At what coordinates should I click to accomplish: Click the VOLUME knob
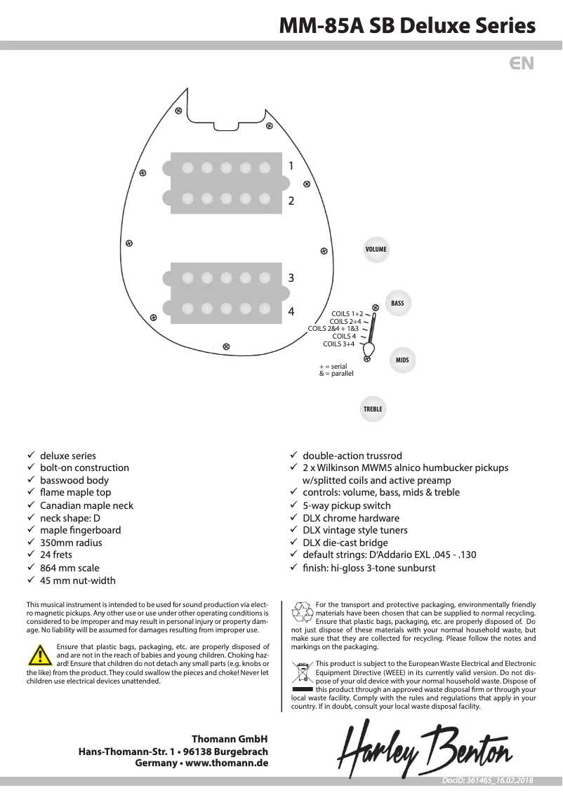(x=376, y=250)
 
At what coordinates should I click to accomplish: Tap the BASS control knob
(x=397, y=304)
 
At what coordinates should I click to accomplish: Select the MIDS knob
(x=402, y=360)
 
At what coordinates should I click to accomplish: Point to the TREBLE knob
(x=373, y=409)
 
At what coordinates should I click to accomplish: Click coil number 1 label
(x=291, y=165)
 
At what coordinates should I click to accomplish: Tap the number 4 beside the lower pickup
(x=291, y=311)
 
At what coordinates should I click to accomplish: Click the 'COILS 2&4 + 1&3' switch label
(x=333, y=328)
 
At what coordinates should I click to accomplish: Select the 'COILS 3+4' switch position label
(x=338, y=344)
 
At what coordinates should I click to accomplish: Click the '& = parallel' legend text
(x=336, y=374)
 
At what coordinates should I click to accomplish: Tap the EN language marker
(x=522, y=63)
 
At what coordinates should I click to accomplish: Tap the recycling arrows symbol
(x=303, y=612)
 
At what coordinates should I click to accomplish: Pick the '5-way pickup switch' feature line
(x=347, y=505)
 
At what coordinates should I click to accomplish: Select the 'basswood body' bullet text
(x=74, y=480)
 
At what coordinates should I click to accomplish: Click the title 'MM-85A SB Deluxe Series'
(x=407, y=26)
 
